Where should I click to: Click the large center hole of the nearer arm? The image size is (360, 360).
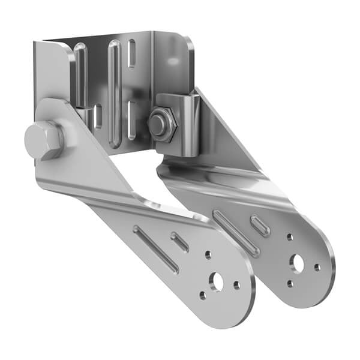coord(216,280)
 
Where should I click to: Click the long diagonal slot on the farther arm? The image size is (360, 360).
coord(236,233)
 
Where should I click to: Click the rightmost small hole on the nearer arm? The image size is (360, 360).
coord(237,285)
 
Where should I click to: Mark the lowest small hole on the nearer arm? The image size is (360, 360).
coord(203,295)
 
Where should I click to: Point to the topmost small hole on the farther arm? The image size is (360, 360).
coord(290,238)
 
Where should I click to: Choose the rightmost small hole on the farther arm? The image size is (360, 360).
coord(317,268)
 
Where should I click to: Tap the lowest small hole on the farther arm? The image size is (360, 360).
coord(290,283)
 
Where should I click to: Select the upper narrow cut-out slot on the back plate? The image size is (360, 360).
coord(131,54)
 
